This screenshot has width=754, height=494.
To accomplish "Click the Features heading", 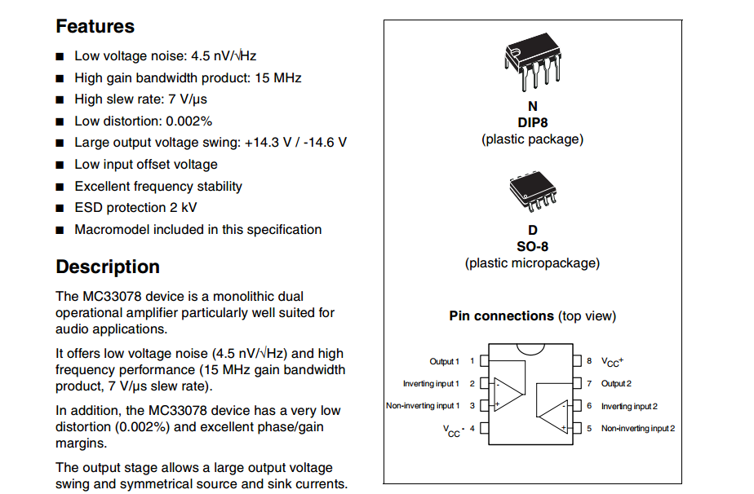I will click(x=95, y=26).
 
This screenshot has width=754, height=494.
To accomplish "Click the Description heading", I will click(x=108, y=267).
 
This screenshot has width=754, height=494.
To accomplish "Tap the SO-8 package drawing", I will click(x=532, y=192).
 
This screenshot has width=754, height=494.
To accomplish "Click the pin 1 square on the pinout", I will click(x=484, y=360).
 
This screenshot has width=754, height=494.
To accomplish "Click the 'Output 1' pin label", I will click(x=444, y=361).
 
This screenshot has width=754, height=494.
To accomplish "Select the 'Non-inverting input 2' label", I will click(x=637, y=428).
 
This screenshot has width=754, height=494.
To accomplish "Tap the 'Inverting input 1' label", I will click(x=430, y=383).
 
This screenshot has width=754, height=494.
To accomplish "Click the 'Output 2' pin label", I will click(x=616, y=383).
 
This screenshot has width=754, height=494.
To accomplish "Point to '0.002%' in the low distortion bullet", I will click(x=188, y=121).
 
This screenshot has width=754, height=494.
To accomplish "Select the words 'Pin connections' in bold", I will click(x=501, y=316).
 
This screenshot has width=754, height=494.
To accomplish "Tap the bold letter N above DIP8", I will click(x=532, y=107).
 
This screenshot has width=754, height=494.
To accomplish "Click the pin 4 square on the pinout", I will click(x=484, y=427).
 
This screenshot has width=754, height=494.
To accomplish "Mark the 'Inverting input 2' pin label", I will click(x=629, y=406).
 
